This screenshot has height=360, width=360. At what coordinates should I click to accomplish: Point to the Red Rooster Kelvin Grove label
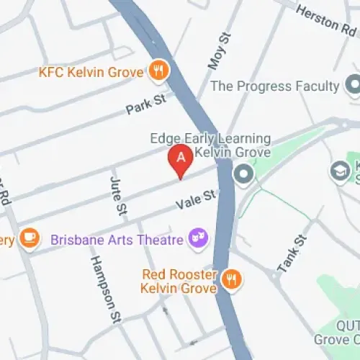[179, 281]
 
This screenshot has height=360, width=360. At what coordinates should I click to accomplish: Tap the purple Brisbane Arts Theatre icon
[197, 238]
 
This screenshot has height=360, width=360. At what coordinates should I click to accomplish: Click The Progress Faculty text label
[274, 86]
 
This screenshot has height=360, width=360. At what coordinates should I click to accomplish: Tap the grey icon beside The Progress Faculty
[353, 86]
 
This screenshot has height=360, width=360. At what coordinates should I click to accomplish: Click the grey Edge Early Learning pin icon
[244, 173]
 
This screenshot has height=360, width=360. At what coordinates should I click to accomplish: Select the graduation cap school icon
[339, 170]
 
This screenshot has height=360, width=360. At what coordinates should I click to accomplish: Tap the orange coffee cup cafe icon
[30, 238]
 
